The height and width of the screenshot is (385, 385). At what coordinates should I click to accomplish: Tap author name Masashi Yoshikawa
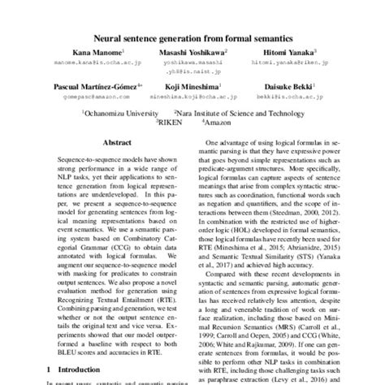(x=192, y=50)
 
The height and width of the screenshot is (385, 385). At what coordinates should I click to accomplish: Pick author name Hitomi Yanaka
(x=301, y=50)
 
